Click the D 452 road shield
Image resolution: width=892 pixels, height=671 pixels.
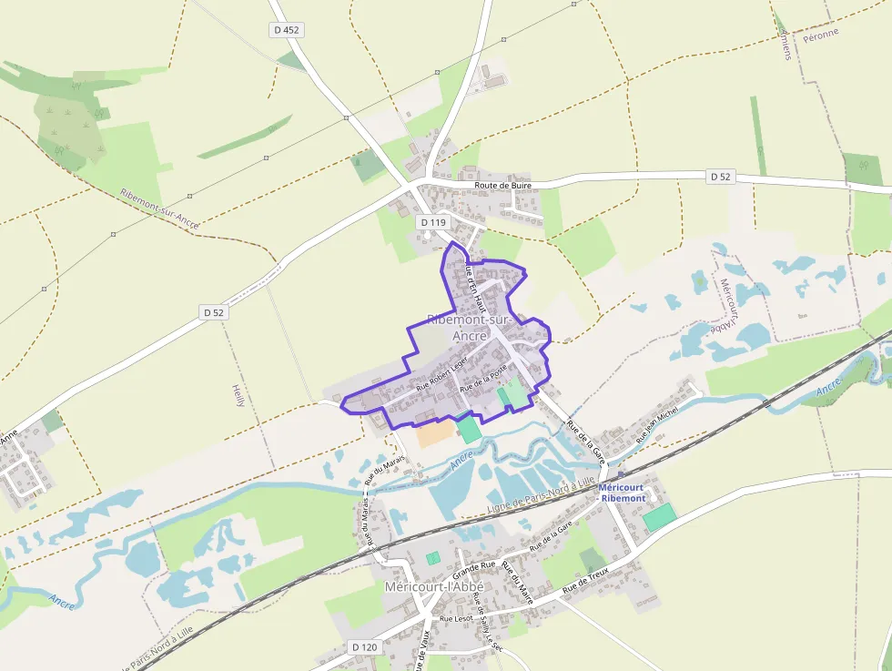point(286,30)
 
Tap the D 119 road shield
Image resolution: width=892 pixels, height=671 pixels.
point(433,222)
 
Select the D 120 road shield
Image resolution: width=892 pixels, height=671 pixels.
point(364,647)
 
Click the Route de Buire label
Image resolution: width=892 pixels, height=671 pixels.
point(502,185)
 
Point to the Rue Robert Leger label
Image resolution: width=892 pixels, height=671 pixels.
point(441,373)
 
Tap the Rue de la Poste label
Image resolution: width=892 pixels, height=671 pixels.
point(483,378)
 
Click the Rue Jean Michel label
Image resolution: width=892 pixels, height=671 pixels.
point(658,425)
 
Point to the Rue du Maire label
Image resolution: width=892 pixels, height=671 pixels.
point(517,584)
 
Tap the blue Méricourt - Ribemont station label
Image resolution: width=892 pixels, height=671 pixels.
point(622,493)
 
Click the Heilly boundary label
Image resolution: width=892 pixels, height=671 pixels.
point(239,391)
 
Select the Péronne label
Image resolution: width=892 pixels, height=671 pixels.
point(821,34)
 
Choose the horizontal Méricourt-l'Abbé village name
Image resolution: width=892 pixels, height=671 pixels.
point(433,586)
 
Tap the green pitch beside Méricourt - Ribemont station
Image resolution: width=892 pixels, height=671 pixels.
point(659,517)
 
